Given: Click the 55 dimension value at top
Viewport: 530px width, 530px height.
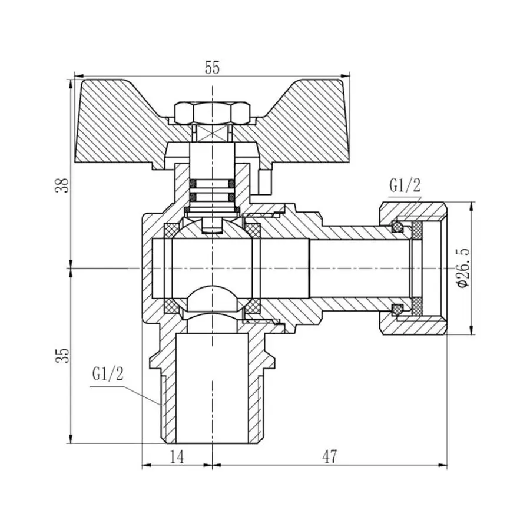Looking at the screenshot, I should [212, 68].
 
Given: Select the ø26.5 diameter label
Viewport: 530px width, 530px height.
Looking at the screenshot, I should [463, 268].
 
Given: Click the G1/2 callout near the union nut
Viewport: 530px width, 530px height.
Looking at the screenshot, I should [404, 186].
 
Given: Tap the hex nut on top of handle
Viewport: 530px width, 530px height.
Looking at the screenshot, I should [212, 112].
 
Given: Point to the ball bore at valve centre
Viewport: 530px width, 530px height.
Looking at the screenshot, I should [212, 268].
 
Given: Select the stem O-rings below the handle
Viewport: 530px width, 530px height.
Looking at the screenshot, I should [212, 190].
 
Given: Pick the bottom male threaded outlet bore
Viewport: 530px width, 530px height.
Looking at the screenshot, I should [212, 389].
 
